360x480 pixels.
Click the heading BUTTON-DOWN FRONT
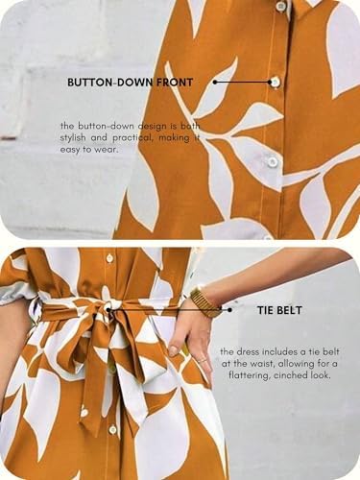tap(130, 83)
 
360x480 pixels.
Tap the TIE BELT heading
tap(279, 310)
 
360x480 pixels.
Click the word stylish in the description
tap(73, 138)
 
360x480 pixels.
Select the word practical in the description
tap(132, 138)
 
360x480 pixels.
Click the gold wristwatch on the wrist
tap(204, 302)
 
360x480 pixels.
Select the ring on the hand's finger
tap(202, 360)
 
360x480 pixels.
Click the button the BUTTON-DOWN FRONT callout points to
tap(275, 82)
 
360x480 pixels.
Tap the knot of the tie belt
tap(109, 309)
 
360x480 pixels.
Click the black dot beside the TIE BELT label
tap(229, 310)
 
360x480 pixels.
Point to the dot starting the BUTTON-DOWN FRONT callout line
tap(215, 83)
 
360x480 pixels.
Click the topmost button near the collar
tap(280, 6)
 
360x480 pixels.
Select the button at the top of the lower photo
tap(109, 256)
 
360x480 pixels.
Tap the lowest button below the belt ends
tap(112, 429)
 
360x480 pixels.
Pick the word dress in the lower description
tap(248, 351)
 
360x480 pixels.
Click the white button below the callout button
tap(273, 161)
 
